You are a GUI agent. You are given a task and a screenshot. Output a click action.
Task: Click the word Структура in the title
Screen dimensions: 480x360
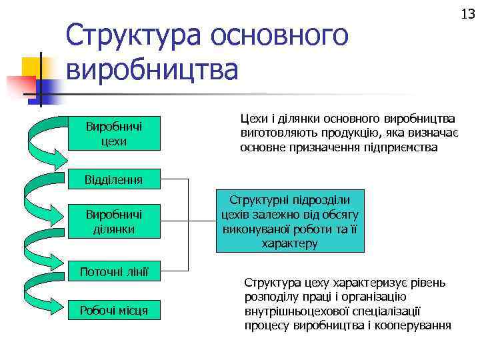point(133,35)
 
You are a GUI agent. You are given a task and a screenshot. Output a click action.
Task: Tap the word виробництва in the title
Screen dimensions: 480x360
point(151,70)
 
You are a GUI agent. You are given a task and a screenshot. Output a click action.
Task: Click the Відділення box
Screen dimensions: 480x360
point(114,179)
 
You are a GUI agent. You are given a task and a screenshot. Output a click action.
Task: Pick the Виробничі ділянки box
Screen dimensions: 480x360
point(114,221)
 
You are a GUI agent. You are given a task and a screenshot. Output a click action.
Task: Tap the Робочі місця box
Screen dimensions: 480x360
point(114,310)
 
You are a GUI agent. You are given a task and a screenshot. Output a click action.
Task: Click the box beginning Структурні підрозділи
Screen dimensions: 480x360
point(290,221)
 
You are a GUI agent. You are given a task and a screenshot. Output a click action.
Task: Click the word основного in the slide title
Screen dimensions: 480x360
point(279,35)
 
